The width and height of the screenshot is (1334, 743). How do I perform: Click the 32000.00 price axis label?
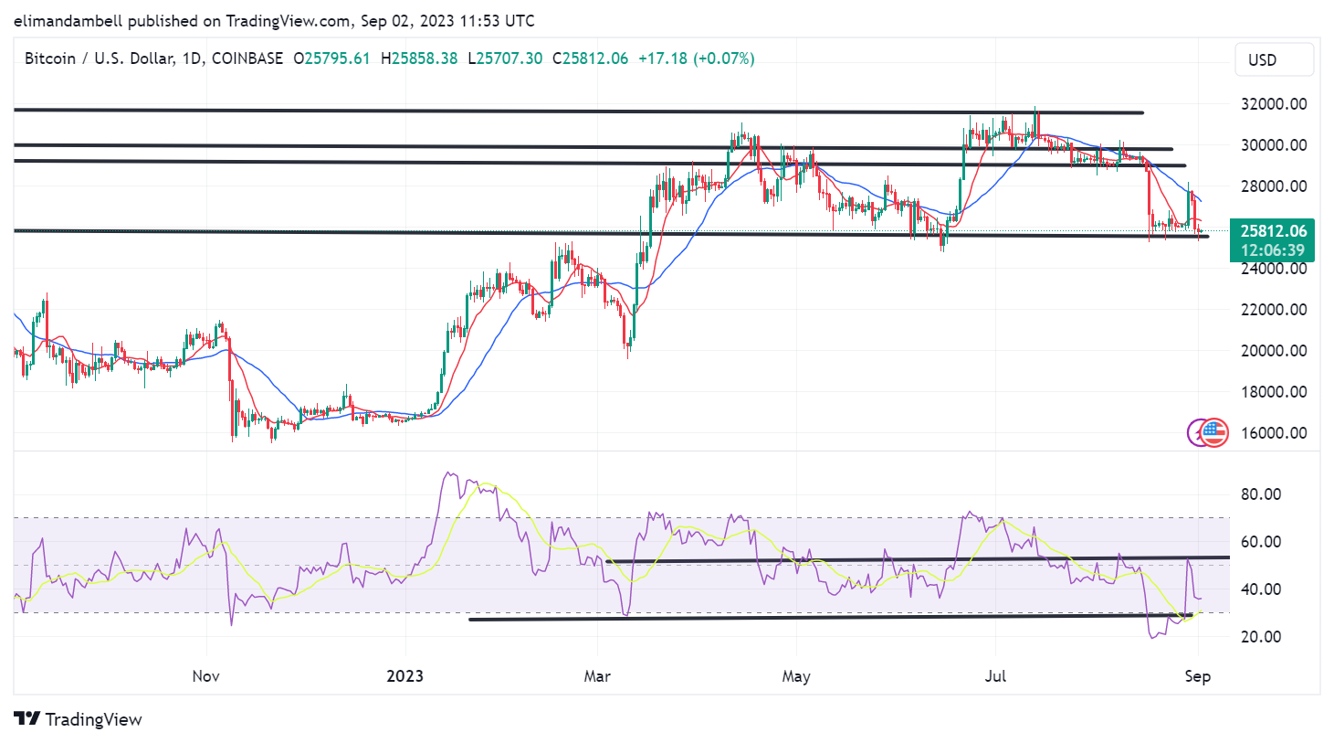click(x=1274, y=104)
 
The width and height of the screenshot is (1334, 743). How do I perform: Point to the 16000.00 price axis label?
click(x=1274, y=433)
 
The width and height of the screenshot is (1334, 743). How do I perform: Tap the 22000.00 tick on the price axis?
click(x=1274, y=310)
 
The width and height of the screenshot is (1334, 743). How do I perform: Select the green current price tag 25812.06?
click(x=1273, y=231)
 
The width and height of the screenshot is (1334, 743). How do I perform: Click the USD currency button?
click(x=1263, y=60)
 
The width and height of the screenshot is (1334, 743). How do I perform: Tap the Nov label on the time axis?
click(x=206, y=676)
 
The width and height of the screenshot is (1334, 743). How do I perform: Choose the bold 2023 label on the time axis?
click(x=404, y=676)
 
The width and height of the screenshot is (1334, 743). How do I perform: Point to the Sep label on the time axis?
click(x=1197, y=676)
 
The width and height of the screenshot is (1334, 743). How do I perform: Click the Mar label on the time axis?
click(x=597, y=676)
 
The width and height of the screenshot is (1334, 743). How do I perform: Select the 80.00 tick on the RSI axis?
click(x=1261, y=494)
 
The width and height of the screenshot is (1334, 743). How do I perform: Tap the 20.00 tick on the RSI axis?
click(x=1261, y=637)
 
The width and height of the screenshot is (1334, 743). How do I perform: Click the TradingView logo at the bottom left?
click(x=79, y=719)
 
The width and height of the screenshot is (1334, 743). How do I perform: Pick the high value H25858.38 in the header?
click(x=419, y=58)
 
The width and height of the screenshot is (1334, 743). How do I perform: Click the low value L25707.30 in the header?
click(x=505, y=58)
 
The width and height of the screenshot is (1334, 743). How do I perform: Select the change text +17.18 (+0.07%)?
click(x=696, y=58)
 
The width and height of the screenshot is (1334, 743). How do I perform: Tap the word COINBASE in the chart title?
click(x=247, y=58)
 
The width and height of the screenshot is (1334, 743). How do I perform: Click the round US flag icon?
click(x=1213, y=432)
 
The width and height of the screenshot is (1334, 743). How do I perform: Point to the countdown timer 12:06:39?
click(x=1273, y=250)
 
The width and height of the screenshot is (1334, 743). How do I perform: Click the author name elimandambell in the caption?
click(x=68, y=21)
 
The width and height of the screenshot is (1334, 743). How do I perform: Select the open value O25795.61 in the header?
click(x=331, y=58)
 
